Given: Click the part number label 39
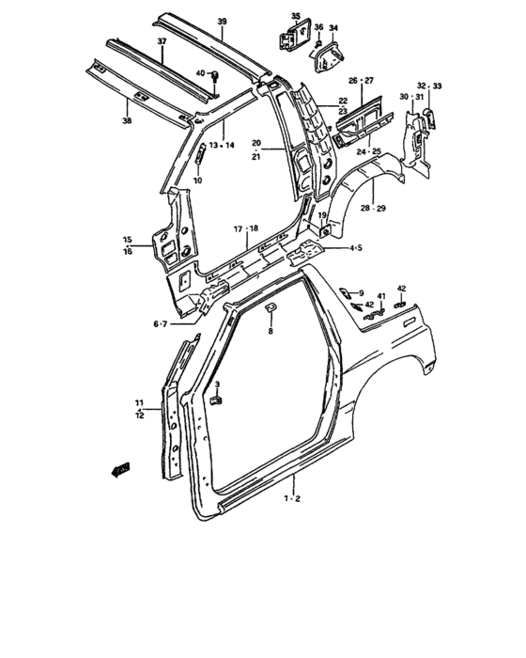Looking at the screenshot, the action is (223, 22).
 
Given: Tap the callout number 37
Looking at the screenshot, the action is (162, 41).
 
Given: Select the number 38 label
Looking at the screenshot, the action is (127, 121).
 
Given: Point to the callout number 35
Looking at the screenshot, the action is (296, 16).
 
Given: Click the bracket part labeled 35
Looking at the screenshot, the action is (294, 35).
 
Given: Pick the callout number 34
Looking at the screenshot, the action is (333, 27).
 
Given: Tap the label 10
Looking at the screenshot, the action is (197, 180).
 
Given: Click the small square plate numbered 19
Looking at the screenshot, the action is (324, 229).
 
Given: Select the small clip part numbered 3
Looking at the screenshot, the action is (216, 399).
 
